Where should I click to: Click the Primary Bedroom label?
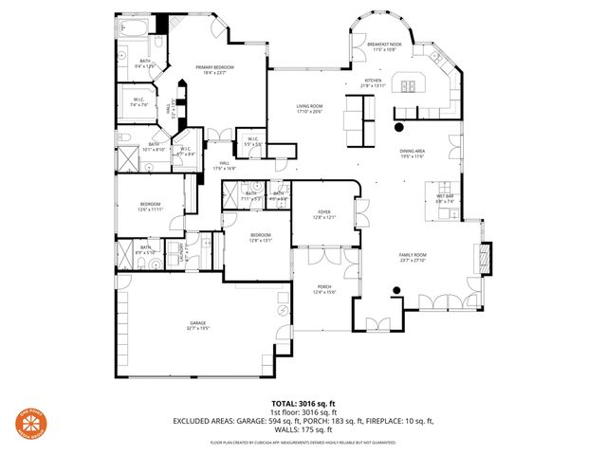pyautogui.click(x=214, y=69)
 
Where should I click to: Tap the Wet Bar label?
pyautogui.click(x=445, y=199)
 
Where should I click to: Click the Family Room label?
pyautogui.click(x=414, y=257)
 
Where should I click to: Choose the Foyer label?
pyautogui.click(x=324, y=215)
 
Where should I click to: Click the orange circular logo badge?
pyautogui.click(x=30, y=424)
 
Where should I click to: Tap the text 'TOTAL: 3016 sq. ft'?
pyautogui.click(x=303, y=402)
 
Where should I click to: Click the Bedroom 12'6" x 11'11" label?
pyautogui.click(x=150, y=206)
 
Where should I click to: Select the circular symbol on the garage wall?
pyautogui.click(x=283, y=311)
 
